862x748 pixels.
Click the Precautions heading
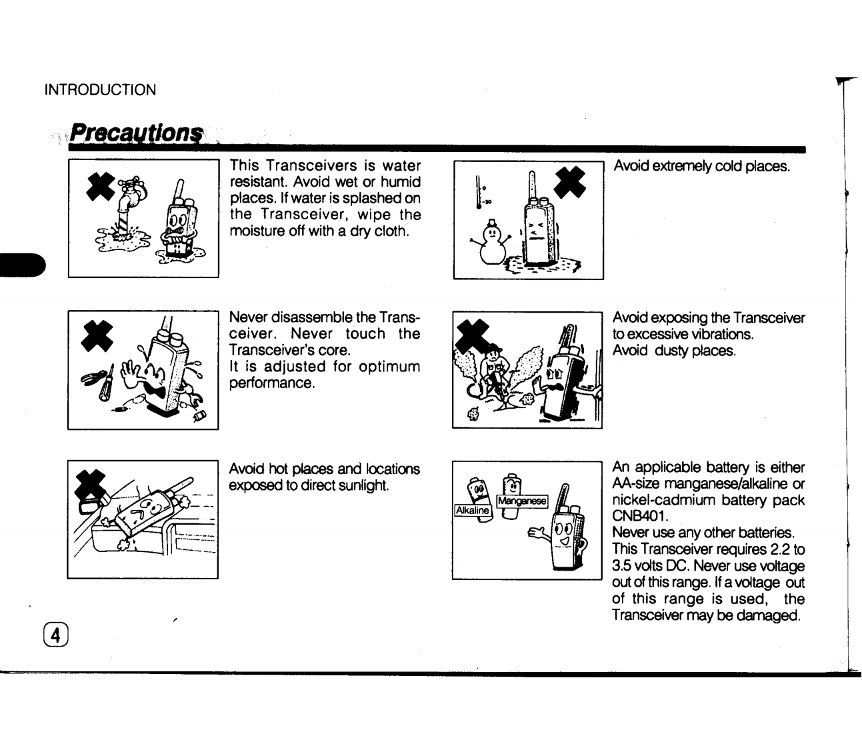click(x=136, y=132)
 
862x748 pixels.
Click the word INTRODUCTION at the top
click(x=100, y=90)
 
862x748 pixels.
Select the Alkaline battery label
click(x=472, y=511)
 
